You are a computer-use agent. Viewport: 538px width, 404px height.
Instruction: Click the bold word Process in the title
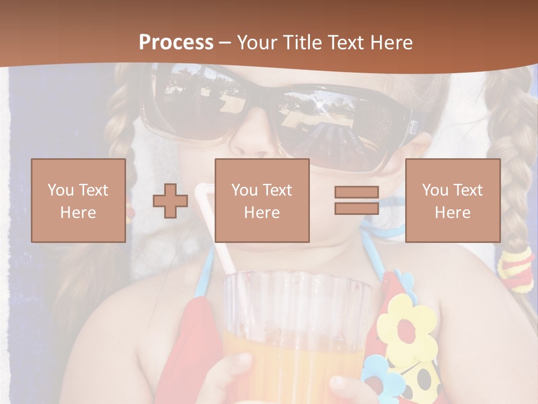[176, 42]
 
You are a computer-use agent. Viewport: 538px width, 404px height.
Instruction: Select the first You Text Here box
[78, 200]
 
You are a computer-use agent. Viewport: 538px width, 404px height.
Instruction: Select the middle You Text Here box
[262, 200]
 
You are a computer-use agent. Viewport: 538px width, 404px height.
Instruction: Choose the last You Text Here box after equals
[453, 200]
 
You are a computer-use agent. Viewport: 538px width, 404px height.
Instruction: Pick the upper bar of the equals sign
[356, 192]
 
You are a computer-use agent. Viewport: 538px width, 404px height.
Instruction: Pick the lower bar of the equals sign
[356, 208]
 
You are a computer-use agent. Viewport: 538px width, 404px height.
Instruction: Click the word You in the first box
[61, 190]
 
